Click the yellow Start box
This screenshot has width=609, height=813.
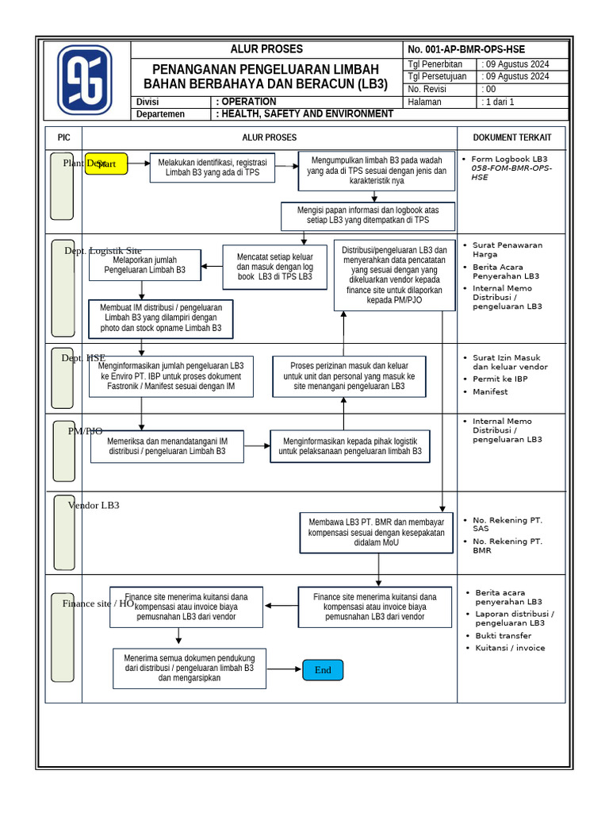click(x=106, y=164)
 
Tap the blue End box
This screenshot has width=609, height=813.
click(x=323, y=670)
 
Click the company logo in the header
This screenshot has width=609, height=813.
click(x=85, y=80)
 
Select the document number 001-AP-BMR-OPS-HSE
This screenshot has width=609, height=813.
click(x=466, y=49)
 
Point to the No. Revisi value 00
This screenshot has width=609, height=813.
click(x=491, y=90)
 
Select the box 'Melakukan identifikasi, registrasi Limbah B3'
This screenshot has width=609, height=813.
click(x=212, y=168)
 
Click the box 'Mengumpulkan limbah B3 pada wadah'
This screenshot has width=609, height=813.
click(x=376, y=171)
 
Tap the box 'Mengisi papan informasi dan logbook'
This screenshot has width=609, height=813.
click(x=368, y=215)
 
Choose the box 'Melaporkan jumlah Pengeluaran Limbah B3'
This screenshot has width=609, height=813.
click(x=144, y=265)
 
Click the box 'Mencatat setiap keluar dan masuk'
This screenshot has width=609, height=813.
click(x=274, y=267)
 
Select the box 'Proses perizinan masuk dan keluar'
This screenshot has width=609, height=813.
click(x=349, y=376)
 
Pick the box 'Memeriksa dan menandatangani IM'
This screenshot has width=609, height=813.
click(x=167, y=446)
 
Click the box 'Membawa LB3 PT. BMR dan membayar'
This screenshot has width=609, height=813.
click(x=377, y=533)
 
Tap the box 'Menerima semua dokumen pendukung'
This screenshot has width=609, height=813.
click(x=189, y=669)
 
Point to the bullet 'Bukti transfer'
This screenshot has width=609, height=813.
click(x=503, y=636)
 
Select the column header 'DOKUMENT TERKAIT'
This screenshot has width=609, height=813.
click(x=511, y=137)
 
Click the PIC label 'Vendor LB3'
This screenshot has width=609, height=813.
click(x=94, y=505)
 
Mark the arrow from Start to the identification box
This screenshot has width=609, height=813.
click(x=139, y=164)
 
